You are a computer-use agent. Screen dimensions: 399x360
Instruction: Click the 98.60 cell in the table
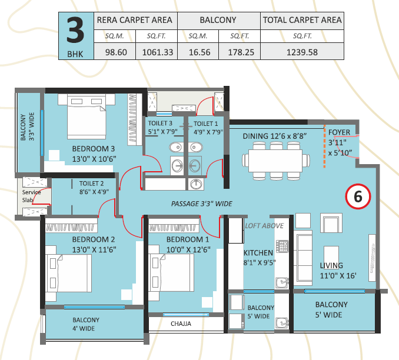[x=116, y=52]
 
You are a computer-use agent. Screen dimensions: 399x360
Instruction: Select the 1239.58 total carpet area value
[x=302, y=52]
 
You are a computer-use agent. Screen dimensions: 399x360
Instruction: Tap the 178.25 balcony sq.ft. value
[x=241, y=52]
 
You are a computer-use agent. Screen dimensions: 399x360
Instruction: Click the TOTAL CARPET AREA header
[x=302, y=20]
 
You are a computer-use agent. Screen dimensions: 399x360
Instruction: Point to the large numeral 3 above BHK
[x=75, y=31]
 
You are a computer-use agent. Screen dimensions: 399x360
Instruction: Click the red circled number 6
[x=358, y=196]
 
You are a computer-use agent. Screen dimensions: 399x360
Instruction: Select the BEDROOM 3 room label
[x=94, y=149]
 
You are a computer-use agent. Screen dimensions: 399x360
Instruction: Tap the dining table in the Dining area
[x=275, y=161]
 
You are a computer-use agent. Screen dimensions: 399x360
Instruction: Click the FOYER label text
[x=339, y=132]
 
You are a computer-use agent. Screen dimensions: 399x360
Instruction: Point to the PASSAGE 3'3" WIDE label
[x=201, y=204]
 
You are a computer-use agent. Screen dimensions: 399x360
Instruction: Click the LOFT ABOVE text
[x=264, y=226]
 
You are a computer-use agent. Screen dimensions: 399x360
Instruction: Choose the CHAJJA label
[x=181, y=324]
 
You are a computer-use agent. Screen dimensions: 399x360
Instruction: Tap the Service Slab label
[x=31, y=196]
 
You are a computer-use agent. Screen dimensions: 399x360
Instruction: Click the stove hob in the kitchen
[x=282, y=246]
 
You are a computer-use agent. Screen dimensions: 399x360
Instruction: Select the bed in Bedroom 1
[x=171, y=272]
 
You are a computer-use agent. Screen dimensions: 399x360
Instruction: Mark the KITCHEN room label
[x=258, y=252]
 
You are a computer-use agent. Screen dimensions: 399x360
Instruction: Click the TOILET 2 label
[x=91, y=184]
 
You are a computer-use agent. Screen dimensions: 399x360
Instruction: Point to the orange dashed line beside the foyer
[x=324, y=146]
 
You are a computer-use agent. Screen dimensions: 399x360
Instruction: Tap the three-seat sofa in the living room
[x=303, y=258]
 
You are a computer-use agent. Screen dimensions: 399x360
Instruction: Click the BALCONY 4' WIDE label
[x=86, y=324]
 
